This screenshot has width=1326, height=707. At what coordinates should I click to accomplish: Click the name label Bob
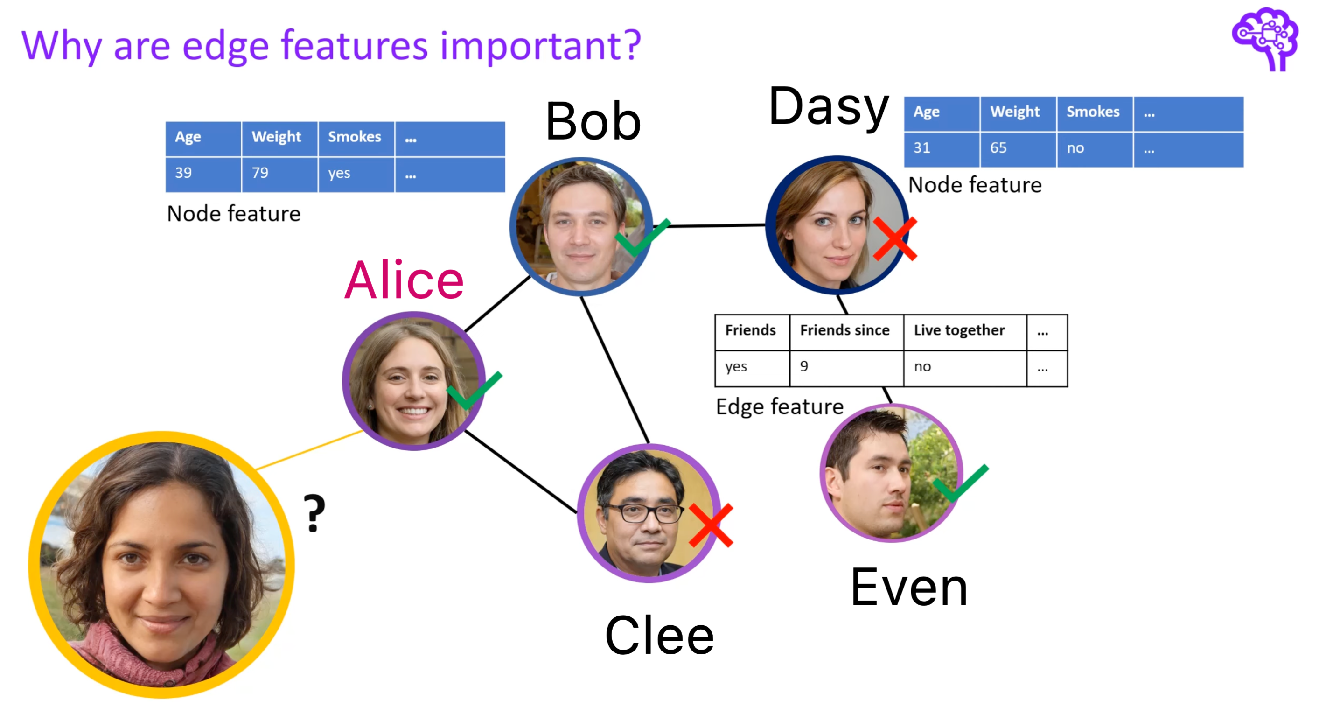[x=593, y=121]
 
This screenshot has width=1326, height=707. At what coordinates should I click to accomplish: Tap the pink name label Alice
[x=404, y=280]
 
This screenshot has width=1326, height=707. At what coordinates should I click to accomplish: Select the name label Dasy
[x=828, y=106]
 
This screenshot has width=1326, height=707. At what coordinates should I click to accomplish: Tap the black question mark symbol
[x=314, y=513]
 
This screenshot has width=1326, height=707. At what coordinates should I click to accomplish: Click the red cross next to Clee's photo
[x=711, y=525]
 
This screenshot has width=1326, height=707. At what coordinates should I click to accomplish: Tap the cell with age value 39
[x=203, y=174]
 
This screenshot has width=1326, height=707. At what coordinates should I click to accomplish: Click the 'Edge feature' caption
[x=779, y=407]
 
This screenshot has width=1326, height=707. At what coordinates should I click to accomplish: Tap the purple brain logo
[x=1266, y=39]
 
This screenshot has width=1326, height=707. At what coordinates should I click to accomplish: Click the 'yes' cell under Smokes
[x=356, y=174]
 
